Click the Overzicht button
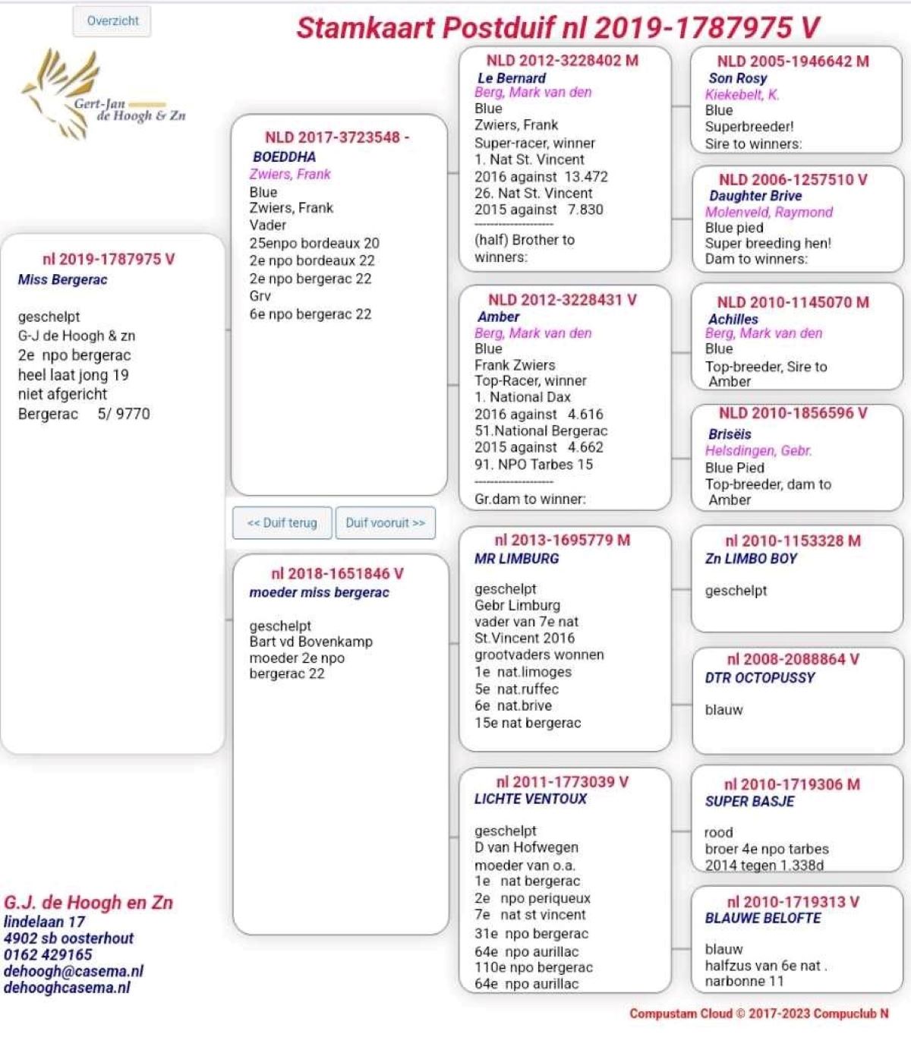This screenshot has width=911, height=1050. (112, 21)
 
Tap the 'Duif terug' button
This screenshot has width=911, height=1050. (282, 523)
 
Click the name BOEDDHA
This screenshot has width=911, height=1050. (284, 157)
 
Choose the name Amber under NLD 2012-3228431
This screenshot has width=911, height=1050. (499, 317)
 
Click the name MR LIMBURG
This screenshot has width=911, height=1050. (516, 559)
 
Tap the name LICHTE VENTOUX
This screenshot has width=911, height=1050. (530, 799)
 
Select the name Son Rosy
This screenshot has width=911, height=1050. (737, 78)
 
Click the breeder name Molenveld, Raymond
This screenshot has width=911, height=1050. (768, 212)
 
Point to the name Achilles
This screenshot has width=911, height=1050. (733, 319)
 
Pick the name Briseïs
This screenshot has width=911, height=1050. (729, 434)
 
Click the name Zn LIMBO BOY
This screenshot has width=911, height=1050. (751, 559)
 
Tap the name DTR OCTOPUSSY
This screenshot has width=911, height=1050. (759, 678)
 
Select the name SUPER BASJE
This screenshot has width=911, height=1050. (749, 802)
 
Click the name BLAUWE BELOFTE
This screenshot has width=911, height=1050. (762, 918)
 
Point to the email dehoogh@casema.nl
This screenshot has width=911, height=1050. (74, 971)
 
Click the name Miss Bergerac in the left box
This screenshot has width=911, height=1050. (63, 279)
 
